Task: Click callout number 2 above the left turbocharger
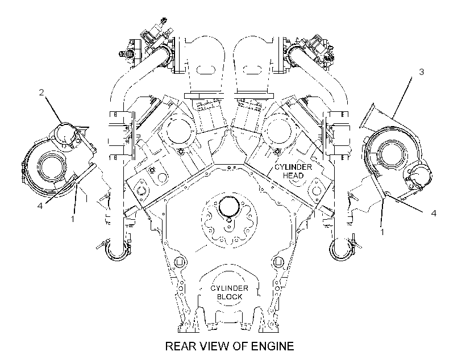(x=41, y=93)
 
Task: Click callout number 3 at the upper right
(x=422, y=72)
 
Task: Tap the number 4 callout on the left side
(x=40, y=206)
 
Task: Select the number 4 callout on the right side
(x=434, y=214)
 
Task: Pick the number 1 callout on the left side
(x=72, y=219)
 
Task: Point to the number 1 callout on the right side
(x=382, y=232)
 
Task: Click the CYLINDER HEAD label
(x=293, y=171)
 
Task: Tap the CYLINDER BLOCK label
(x=230, y=292)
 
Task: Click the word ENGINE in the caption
(x=273, y=346)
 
